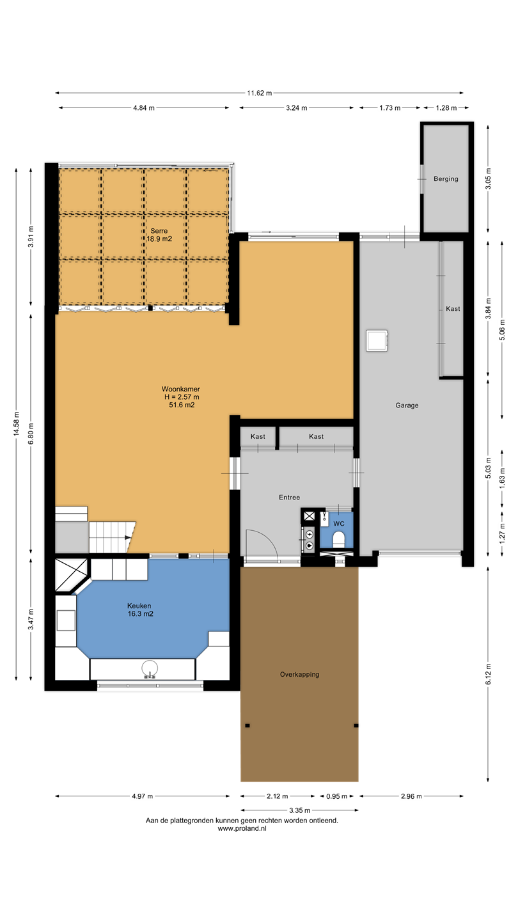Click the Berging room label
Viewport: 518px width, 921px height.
click(x=446, y=179)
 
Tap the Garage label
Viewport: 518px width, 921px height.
click(x=407, y=405)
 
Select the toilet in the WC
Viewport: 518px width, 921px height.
click(x=338, y=539)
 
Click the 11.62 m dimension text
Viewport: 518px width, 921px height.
click(x=260, y=93)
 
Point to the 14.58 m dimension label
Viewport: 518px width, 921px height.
click(x=17, y=423)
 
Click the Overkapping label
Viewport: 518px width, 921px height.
click(x=299, y=674)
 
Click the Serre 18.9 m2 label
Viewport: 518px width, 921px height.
click(x=159, y=235)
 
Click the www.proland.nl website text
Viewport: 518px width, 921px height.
click(x=242, y=828)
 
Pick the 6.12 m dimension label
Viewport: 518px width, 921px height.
click(x=488, y=674)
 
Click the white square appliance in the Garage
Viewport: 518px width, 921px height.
click(x=377, y=340)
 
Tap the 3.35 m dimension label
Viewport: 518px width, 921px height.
click(x=299, y=810)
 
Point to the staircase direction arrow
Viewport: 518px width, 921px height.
click(x=128, y=537)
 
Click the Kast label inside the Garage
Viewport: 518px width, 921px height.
click(x=453, y=309)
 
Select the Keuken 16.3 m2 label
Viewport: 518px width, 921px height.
click(x=140, y=610)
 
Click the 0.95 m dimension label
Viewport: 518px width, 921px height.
click(x=336, y=796)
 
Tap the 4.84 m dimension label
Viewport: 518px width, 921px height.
click(x=143, y=108)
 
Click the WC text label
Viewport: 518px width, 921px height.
click(x=339, y=524)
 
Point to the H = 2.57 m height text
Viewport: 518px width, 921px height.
click(x=182, y=397)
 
